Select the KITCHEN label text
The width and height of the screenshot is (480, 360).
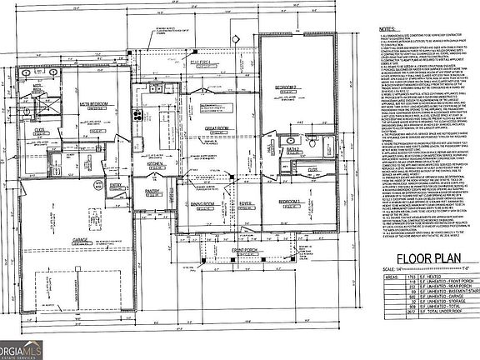pos(154,164)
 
